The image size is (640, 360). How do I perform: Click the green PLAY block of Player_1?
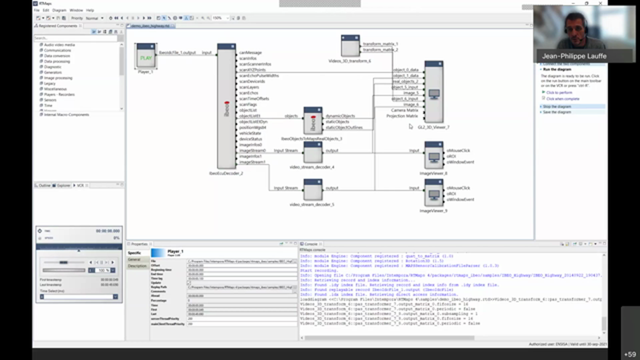click(145, 57)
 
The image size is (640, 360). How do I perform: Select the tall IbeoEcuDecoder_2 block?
click(226, 107)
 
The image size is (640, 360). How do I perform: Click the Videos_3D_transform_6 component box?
click(350, 46)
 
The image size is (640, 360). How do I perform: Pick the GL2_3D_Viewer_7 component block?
click(433, 92)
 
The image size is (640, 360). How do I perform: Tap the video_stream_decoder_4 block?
click(312, 152)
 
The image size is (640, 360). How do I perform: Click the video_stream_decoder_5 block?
click(312, 190)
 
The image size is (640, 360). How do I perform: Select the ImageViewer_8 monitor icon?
click(433, 156)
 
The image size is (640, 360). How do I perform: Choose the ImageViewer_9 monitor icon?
click(433, 193)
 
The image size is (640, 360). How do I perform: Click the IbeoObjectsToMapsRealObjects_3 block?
click(313, 121)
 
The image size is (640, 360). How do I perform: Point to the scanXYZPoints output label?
click(252, 70)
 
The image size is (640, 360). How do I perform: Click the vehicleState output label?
click(250, 133)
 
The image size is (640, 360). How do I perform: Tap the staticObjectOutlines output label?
click(343, 127)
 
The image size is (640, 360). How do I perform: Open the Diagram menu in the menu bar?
click(59, 10)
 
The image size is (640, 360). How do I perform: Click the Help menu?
click(90, 10)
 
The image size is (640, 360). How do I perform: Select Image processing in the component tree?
click(58, 78)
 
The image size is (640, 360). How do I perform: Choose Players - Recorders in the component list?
click(59, 94)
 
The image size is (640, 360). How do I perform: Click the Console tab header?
click(310, 244)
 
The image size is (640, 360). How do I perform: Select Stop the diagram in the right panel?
click(556, 106)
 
